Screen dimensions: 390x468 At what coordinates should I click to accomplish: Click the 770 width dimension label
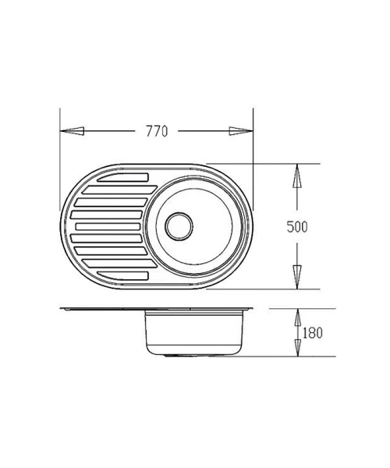(157, 131)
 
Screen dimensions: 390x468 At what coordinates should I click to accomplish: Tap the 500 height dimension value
(297, 227)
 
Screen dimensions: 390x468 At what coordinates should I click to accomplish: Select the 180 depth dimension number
(313, 333)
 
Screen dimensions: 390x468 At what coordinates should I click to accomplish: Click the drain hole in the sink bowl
(179, 226)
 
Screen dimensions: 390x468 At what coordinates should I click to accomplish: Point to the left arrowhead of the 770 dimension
(72, 131)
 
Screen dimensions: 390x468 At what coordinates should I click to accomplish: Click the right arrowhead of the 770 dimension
(241, 131)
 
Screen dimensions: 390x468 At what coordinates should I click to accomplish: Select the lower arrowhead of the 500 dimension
(296, 277)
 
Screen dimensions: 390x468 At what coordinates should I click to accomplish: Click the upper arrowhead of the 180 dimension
(297, 317)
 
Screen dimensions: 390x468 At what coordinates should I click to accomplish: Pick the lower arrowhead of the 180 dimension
(297, 348)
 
